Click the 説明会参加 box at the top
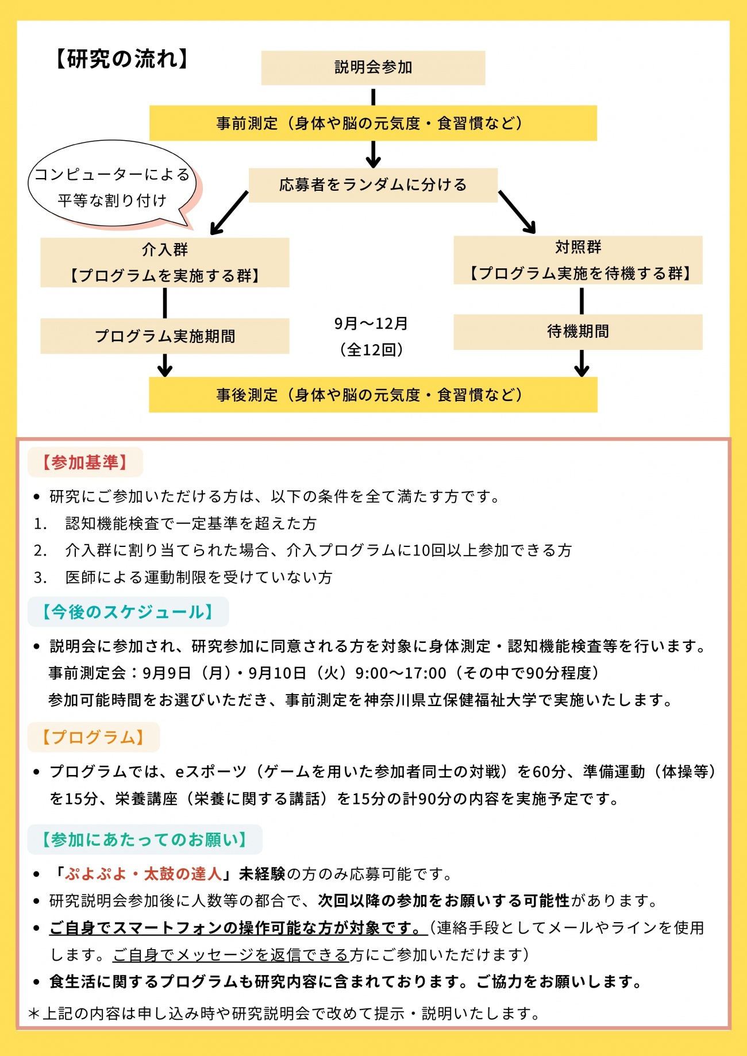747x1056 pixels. point(373,68)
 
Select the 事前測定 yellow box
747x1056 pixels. point(373,123)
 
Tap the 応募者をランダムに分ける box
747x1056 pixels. point(373,185)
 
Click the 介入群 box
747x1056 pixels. point(165,263)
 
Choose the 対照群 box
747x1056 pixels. point(578,260)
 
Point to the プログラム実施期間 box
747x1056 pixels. point(165,336)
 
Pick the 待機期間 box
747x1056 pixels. point(578,332)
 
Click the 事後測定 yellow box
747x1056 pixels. point(373,395)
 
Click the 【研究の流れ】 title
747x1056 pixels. point(122,59)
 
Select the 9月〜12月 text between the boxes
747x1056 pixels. point(371,324)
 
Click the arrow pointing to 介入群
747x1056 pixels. point(229,213)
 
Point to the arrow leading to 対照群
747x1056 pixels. point(517,212)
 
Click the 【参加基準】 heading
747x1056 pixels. point(85,463)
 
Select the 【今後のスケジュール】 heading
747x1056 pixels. point(128,612)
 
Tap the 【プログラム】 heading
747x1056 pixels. point(94,737)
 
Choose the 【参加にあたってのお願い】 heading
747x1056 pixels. point(145,839)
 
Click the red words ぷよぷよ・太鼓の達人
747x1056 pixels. point(144,874)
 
